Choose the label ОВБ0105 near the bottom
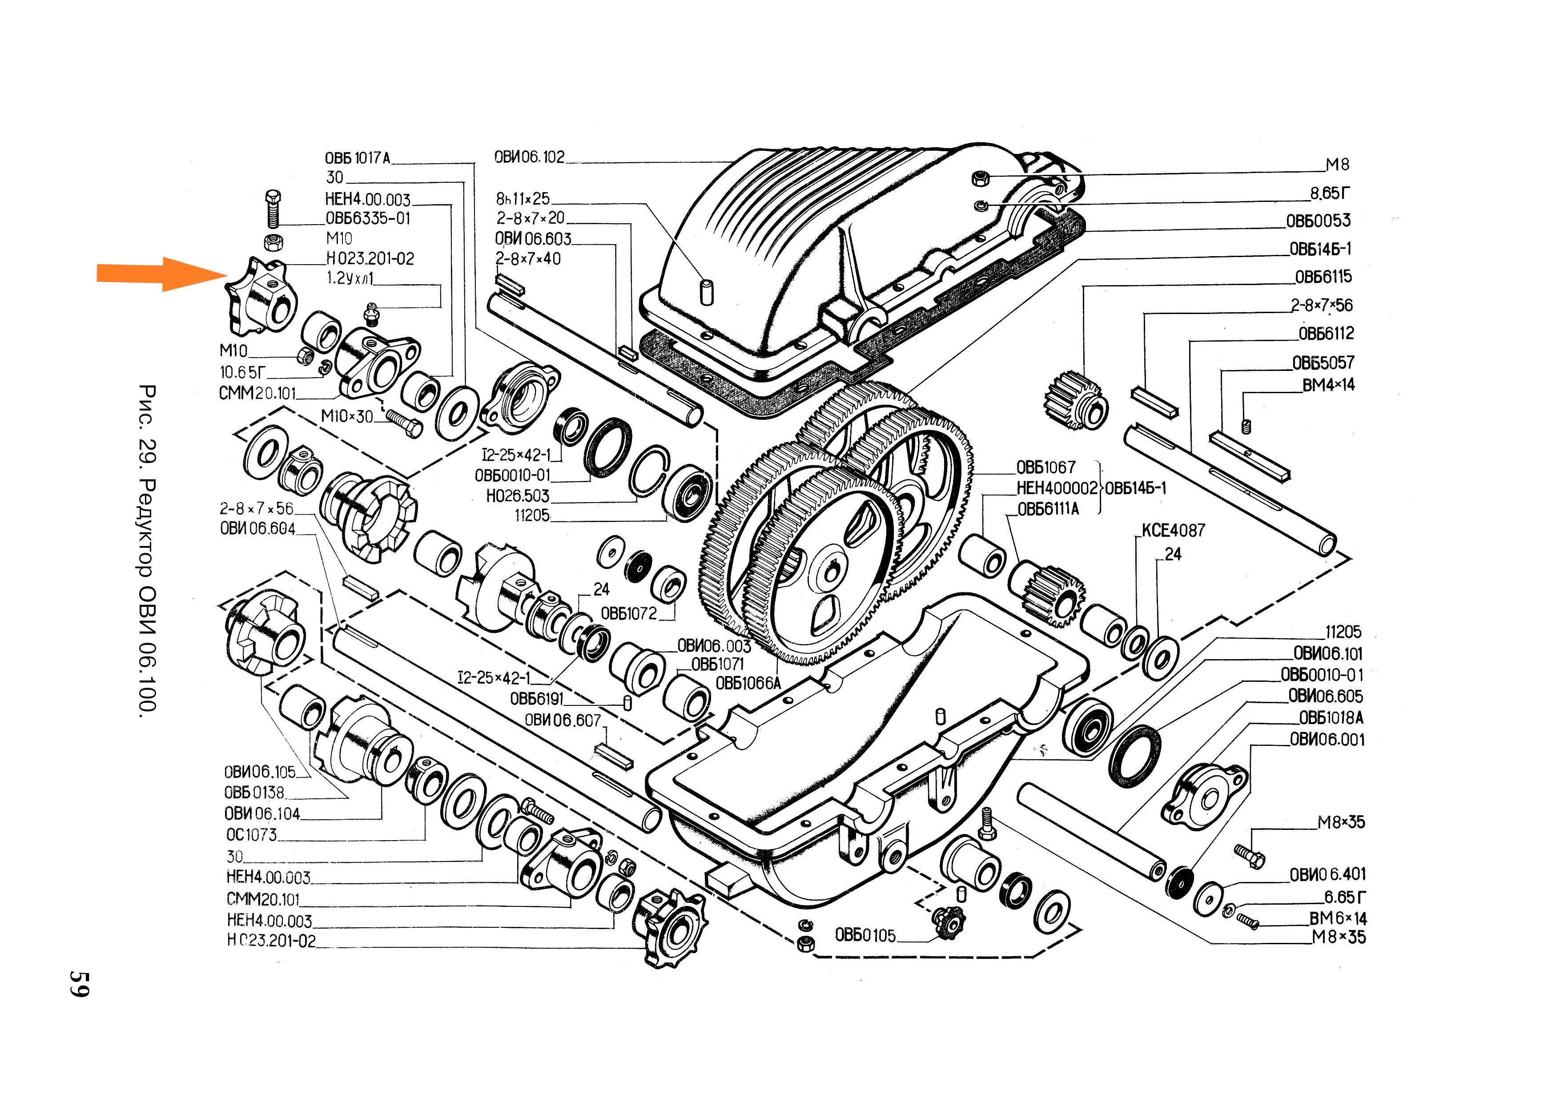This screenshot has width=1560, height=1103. coord(865,936)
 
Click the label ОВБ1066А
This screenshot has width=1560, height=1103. coord(748,684)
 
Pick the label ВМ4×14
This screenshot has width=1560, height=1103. coord(1327,385)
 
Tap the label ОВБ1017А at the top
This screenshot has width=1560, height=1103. coord(358,158)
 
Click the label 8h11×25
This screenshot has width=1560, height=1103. coord(523,199)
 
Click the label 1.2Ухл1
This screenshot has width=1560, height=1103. coord(350,278)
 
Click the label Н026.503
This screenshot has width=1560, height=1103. coord(517,496)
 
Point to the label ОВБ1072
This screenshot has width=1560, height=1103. coord(628,614)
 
